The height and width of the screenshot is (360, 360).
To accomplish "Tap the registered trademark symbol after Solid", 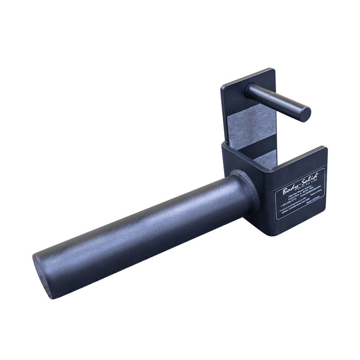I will coord(317,174).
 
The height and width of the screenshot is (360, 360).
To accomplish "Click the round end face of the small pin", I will coord(305,114).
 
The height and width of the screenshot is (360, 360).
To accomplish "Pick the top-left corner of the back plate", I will coord(222,85).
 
